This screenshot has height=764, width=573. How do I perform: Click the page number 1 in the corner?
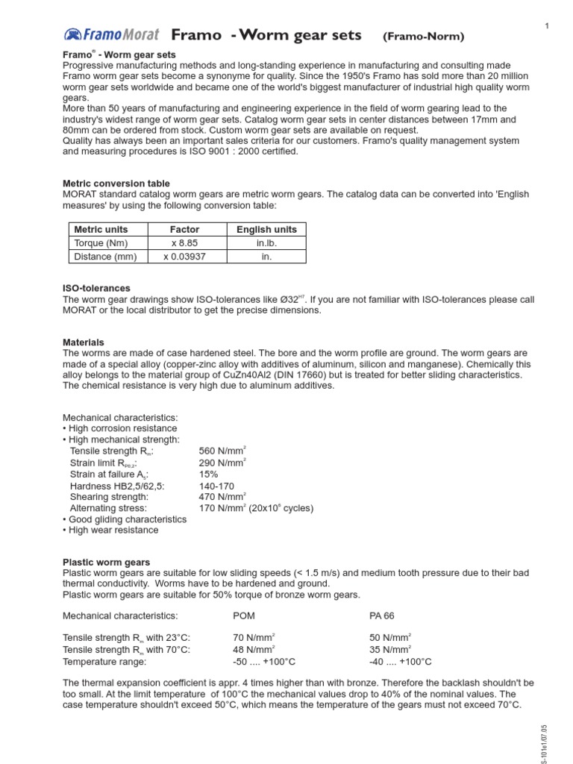pyautogui.click(x=547, y=26)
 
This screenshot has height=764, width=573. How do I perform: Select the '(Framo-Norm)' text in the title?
pyautogui.click(x=423, y=36)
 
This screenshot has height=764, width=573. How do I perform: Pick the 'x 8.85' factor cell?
pyautogui.click(x=185, y=243)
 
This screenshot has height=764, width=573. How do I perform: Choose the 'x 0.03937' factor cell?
pyautogui.click(x=185, y=257)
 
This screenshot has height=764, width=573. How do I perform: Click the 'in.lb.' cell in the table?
pyautogui.click(x=266, y=243)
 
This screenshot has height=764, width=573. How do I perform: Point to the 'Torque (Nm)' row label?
pyautogui.click(x=100, y=243)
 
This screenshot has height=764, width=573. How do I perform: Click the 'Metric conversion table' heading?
pyautogui.click(x=116, y=184)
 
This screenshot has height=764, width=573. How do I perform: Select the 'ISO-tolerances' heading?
pyautogui.click(x=97, y=288)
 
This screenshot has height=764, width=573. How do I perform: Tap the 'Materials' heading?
pyautogui.click(x=84, y=342)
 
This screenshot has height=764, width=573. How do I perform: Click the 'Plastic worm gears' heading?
pyautogui.click(x=107, y=562)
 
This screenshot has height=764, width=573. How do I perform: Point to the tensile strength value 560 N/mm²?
pyautogui.click(x=222, y=451)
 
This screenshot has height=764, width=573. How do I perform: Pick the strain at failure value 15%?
pyautogui.click(x=209, y=474)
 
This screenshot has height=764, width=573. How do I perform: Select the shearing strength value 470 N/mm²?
pyautogui.click(x=222, y=496)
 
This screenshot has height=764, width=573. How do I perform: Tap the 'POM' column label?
pyautogui.click(x=245, y=616)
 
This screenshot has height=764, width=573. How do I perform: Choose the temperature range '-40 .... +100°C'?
pyautogui.click(x=400, y=662)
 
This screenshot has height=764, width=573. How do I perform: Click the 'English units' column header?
pyautogui.click(x=266, y=230)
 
